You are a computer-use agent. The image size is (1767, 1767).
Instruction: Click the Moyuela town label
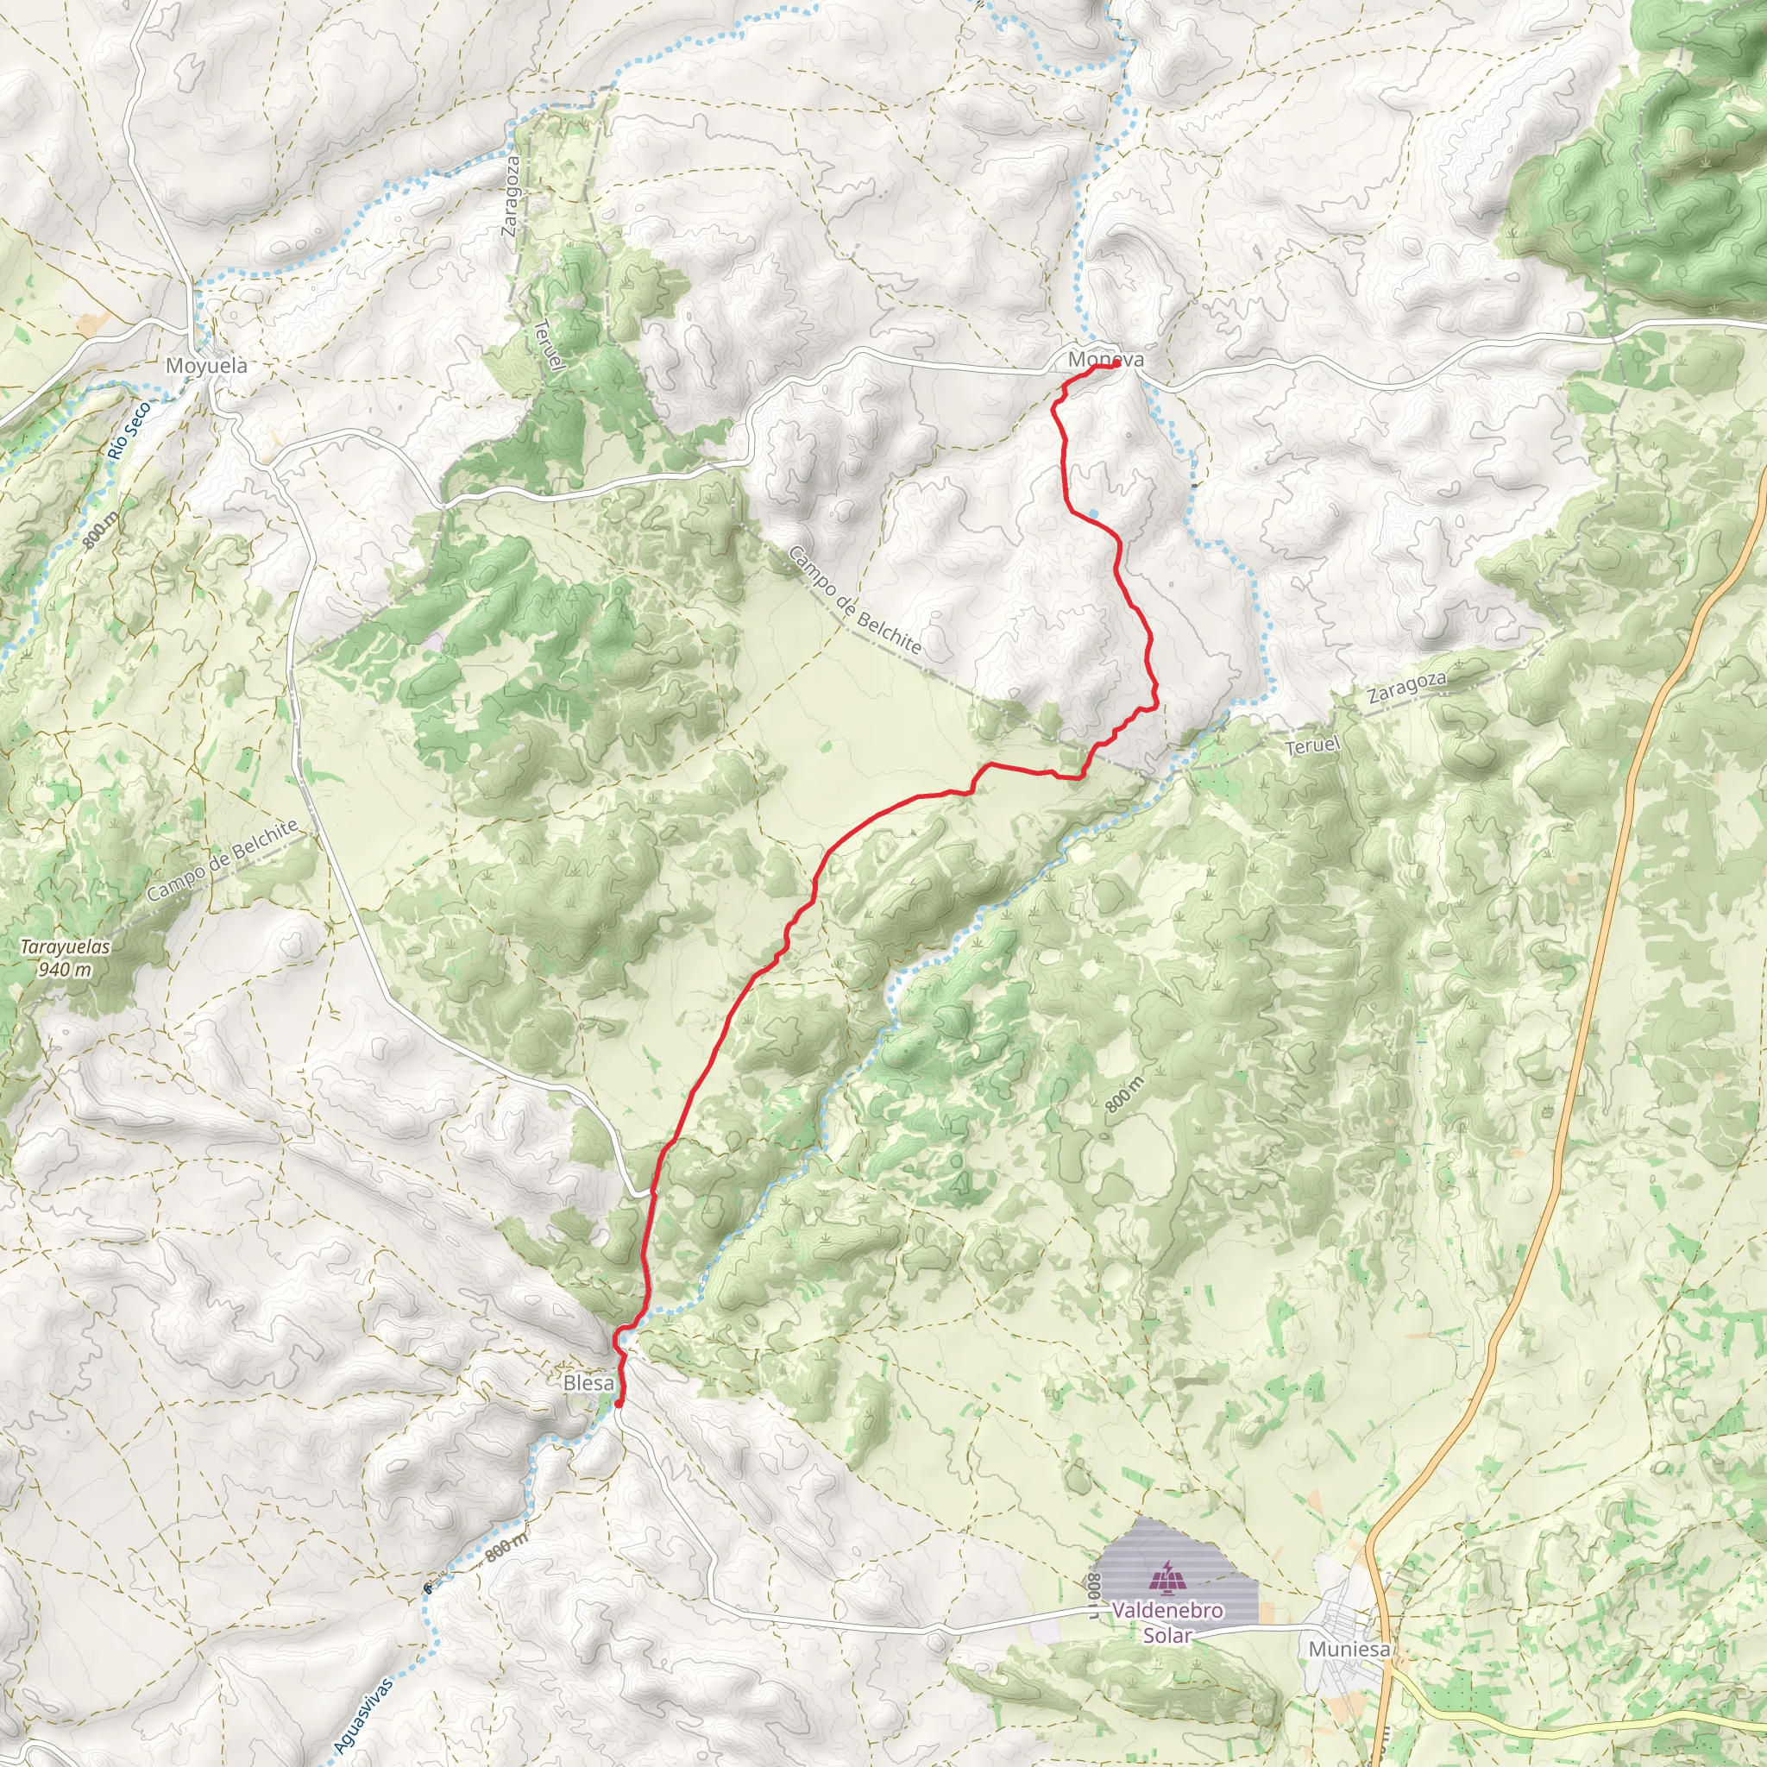click(206, 366)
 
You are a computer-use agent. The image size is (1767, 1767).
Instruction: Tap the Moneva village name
click(1105, 360)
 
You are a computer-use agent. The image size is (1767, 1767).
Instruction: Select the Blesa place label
click(588, 1383)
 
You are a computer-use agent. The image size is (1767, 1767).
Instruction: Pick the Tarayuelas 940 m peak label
click(65, 958)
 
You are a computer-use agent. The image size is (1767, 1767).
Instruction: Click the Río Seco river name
click(127, 431)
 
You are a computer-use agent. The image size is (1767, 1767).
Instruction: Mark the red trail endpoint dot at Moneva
click(1116, 363)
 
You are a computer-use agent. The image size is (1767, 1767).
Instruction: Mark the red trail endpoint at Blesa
click(619, 1403)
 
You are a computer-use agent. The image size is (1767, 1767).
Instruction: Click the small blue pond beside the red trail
click(1093, 513)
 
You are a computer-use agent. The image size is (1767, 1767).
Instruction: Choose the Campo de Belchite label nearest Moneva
click(854, 599)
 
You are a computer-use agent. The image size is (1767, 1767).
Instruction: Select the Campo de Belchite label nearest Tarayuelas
click(222, 859)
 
